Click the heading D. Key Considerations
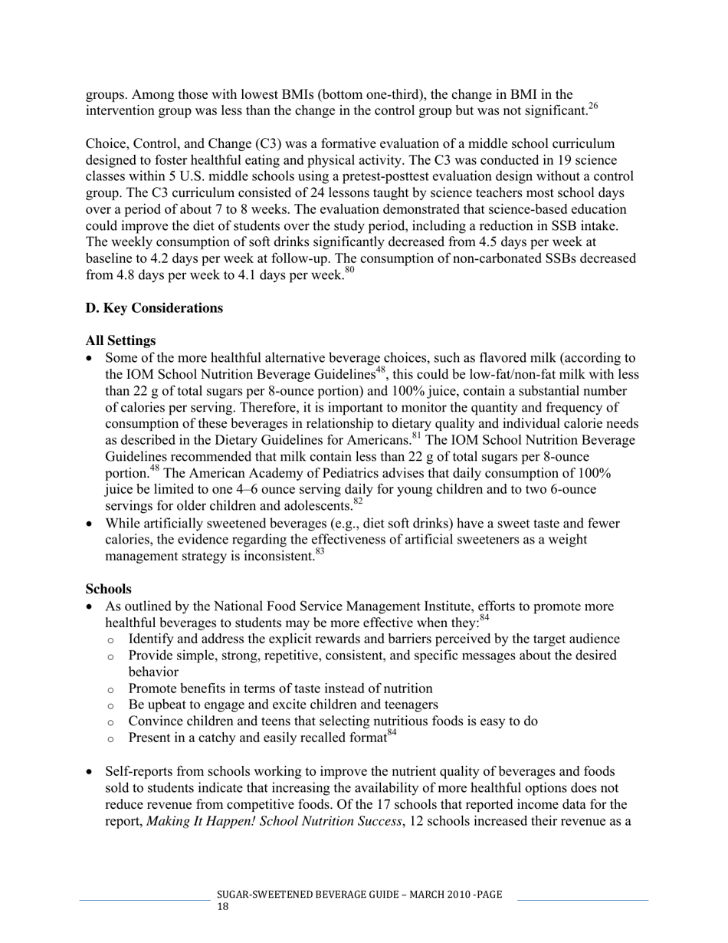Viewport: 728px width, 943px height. [154, 308]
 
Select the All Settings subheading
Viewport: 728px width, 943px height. [120, 340]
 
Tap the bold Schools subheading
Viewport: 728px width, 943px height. [108, 590]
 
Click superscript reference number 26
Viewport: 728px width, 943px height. [593, 107]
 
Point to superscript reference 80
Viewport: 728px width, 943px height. [349, 271]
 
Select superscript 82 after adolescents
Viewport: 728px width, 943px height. [358, 502]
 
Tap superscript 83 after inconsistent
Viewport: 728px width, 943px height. [320, 551]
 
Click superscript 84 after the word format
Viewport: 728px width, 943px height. [392, 733]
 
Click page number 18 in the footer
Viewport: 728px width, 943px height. [223, 907]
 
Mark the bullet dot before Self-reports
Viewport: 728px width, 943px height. [91, 771]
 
